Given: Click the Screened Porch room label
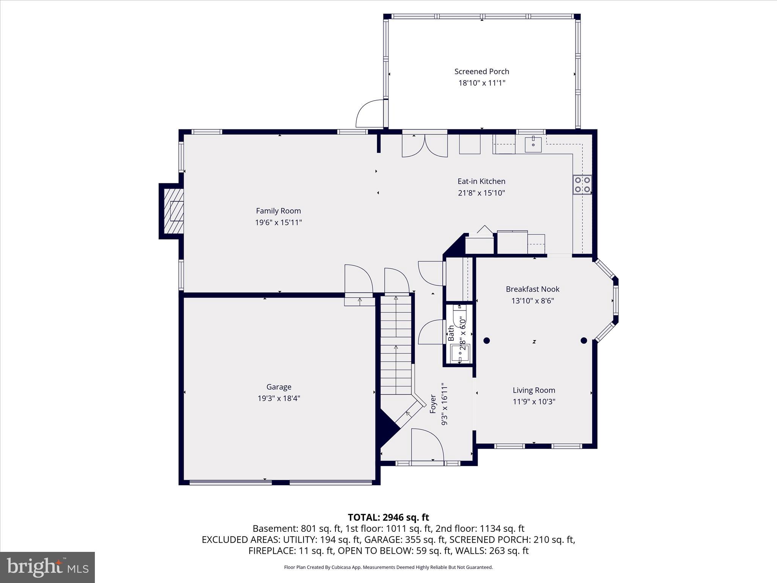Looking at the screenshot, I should click(x=481, y=71).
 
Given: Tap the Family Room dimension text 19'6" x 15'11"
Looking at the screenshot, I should click(x=278, y=222).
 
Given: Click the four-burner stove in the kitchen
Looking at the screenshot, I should click(x=582, y=184).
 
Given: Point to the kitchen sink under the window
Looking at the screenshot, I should click(x=533, y=144).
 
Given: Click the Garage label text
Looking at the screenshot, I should click(x=278, y=387).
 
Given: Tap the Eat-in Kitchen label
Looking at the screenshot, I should click(x=481, y=181).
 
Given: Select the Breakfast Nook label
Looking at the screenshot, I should click(x=532, y=289).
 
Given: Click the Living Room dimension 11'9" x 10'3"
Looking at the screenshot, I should click(x=534, y=402).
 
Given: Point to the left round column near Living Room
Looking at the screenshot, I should click(x=487, y=340).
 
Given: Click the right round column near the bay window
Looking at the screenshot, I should click(x=584, y=340).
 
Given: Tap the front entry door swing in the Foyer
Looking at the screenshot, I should click(x=427, y=444).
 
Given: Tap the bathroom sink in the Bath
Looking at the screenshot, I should click(x=460, y=353).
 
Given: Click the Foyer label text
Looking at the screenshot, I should click(x=433, y=404).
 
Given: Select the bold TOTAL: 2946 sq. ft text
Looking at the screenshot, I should click(x=388, y=517).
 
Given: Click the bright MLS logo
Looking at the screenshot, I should click(x=47, y=567).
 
